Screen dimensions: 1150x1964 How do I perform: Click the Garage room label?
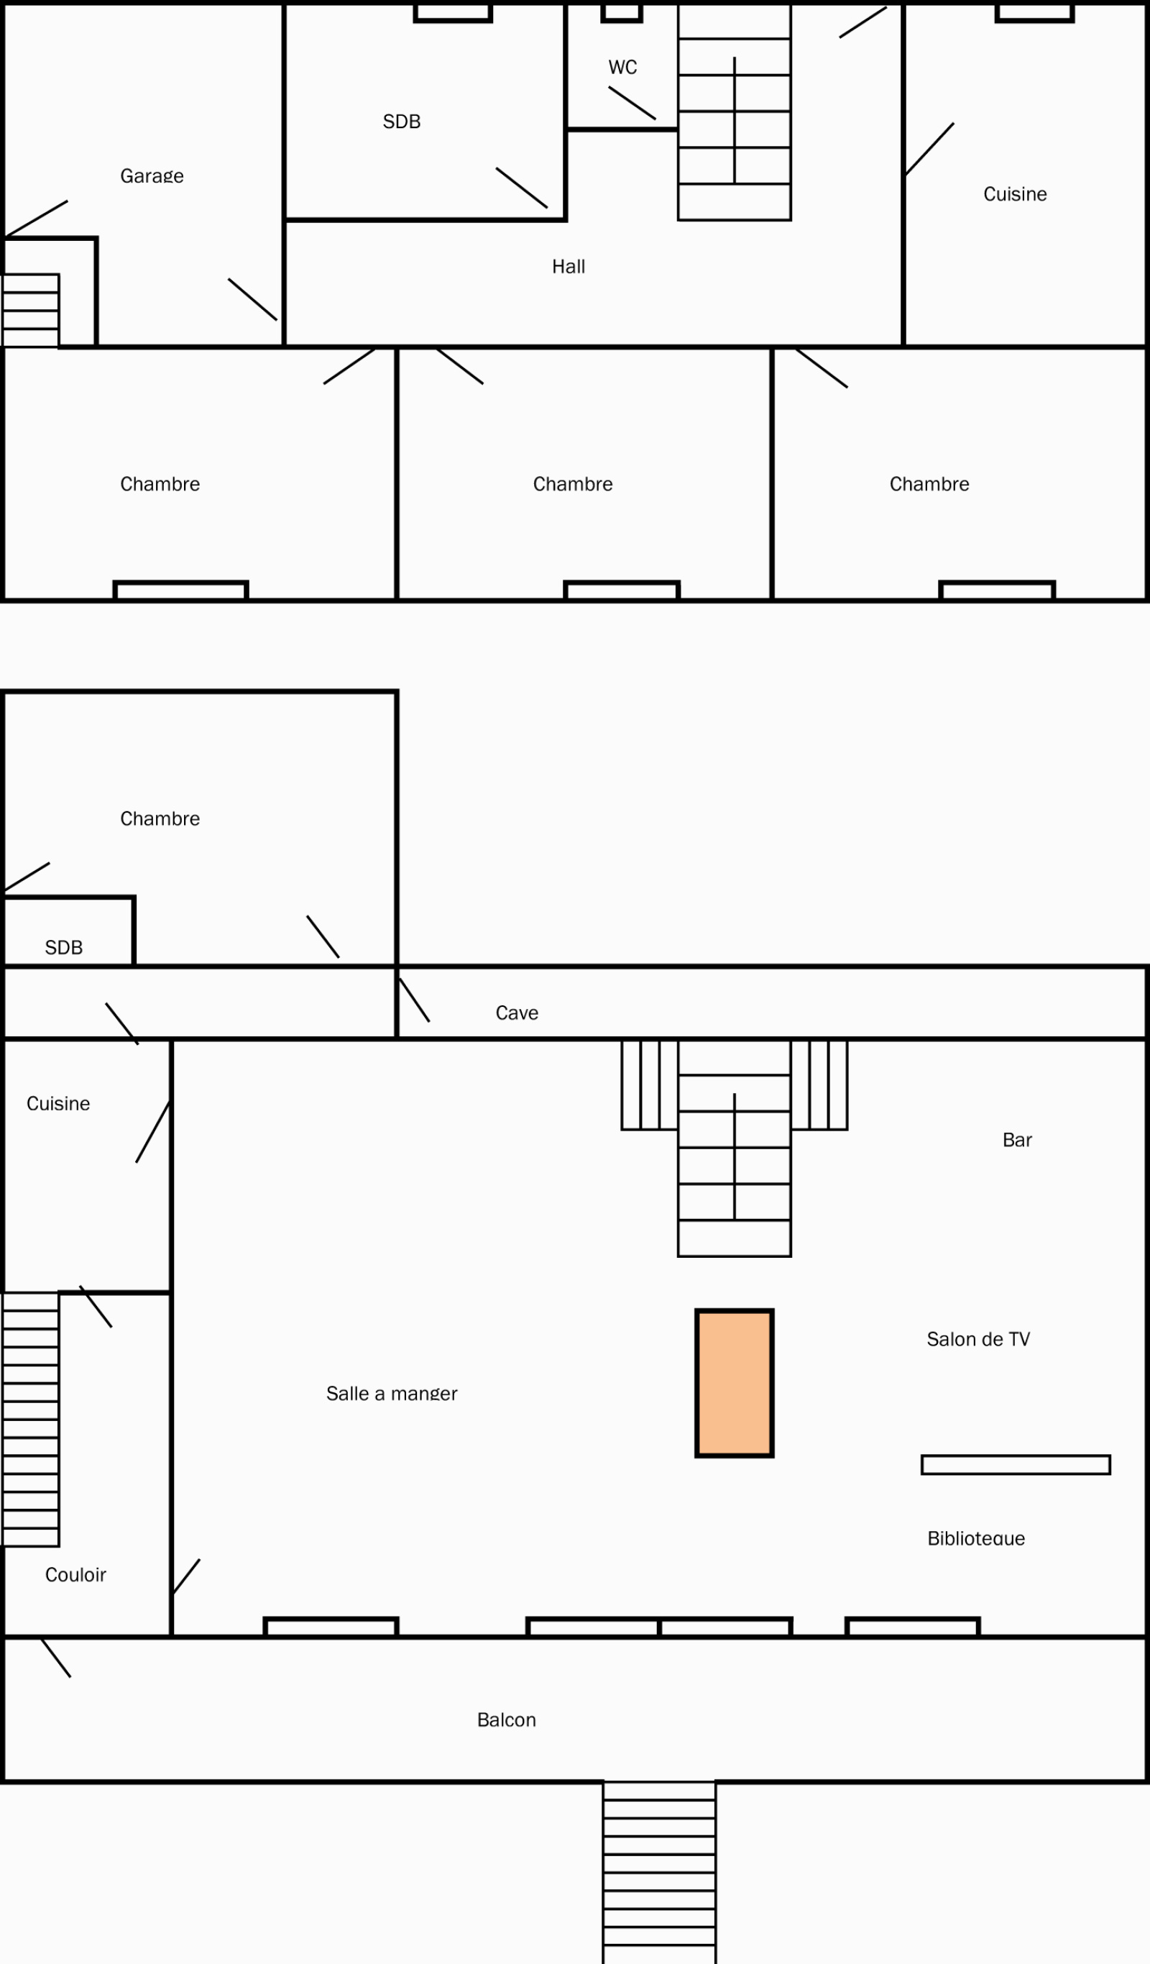[152, 176]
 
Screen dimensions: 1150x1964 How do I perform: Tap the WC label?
[622, 68]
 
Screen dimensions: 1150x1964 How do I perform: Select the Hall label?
[568, 267]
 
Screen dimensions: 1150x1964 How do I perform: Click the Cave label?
[517, 1013]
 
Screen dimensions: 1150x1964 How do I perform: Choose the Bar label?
[1017, 1140]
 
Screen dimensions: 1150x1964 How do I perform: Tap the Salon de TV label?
[977, 1340]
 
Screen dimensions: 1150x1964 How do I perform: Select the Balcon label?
[507, 1720]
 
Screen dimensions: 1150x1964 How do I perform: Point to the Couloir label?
[75, 1575]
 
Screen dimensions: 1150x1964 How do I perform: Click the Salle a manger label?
[391, 1394]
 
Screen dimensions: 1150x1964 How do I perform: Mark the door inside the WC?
[632, 103]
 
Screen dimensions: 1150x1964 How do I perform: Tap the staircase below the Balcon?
[659, 1872]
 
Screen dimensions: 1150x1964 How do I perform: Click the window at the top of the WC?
[622, 12]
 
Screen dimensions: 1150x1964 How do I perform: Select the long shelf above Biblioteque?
[1015, 1465]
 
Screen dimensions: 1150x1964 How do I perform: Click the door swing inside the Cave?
[414, 1000]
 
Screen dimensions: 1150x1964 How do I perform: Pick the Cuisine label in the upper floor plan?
[1014, 194]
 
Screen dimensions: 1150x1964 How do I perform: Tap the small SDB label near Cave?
[64, 948]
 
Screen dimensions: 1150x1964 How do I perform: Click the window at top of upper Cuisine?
[1035, 12]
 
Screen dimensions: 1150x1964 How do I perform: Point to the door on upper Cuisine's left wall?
[929, 149]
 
